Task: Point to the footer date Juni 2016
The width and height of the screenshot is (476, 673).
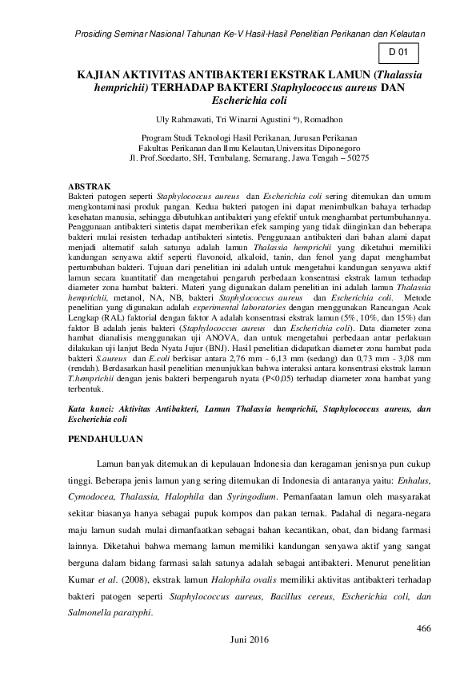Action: pyautogui.click(x=250, y=640)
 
